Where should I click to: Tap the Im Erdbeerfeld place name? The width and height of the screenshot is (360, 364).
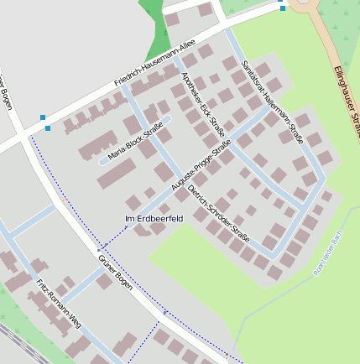tap(154, 219)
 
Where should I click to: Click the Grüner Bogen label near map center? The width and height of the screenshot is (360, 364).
tap(115, 268)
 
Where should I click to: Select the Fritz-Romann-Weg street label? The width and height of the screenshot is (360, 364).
tap(58, 301)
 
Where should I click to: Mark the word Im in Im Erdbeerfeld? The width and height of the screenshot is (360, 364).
tap(128, 219)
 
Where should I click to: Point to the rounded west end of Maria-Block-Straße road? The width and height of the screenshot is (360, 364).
tap(102, 159)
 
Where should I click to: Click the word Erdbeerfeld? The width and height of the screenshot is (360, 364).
tap(159, 219)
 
